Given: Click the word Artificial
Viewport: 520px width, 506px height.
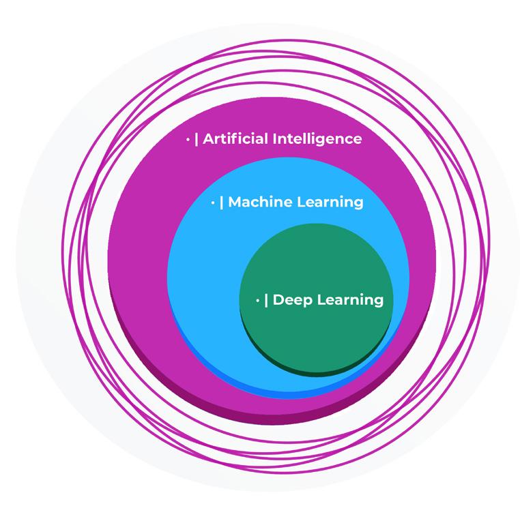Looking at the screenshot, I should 235,139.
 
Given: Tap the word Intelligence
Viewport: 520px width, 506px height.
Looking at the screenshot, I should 317,139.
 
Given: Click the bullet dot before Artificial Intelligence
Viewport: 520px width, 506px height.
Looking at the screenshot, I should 188,140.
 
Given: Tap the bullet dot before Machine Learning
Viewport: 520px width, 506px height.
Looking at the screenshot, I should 213,203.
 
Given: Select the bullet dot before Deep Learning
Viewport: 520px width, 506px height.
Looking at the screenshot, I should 257,300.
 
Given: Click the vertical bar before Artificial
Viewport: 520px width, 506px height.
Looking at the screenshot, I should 197,139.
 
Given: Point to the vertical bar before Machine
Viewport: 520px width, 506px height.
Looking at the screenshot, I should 222,202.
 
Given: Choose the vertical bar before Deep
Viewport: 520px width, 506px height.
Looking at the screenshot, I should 266,299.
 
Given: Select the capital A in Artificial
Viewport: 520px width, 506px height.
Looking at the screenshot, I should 209,139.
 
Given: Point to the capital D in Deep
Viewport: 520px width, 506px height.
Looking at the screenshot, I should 278,299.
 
